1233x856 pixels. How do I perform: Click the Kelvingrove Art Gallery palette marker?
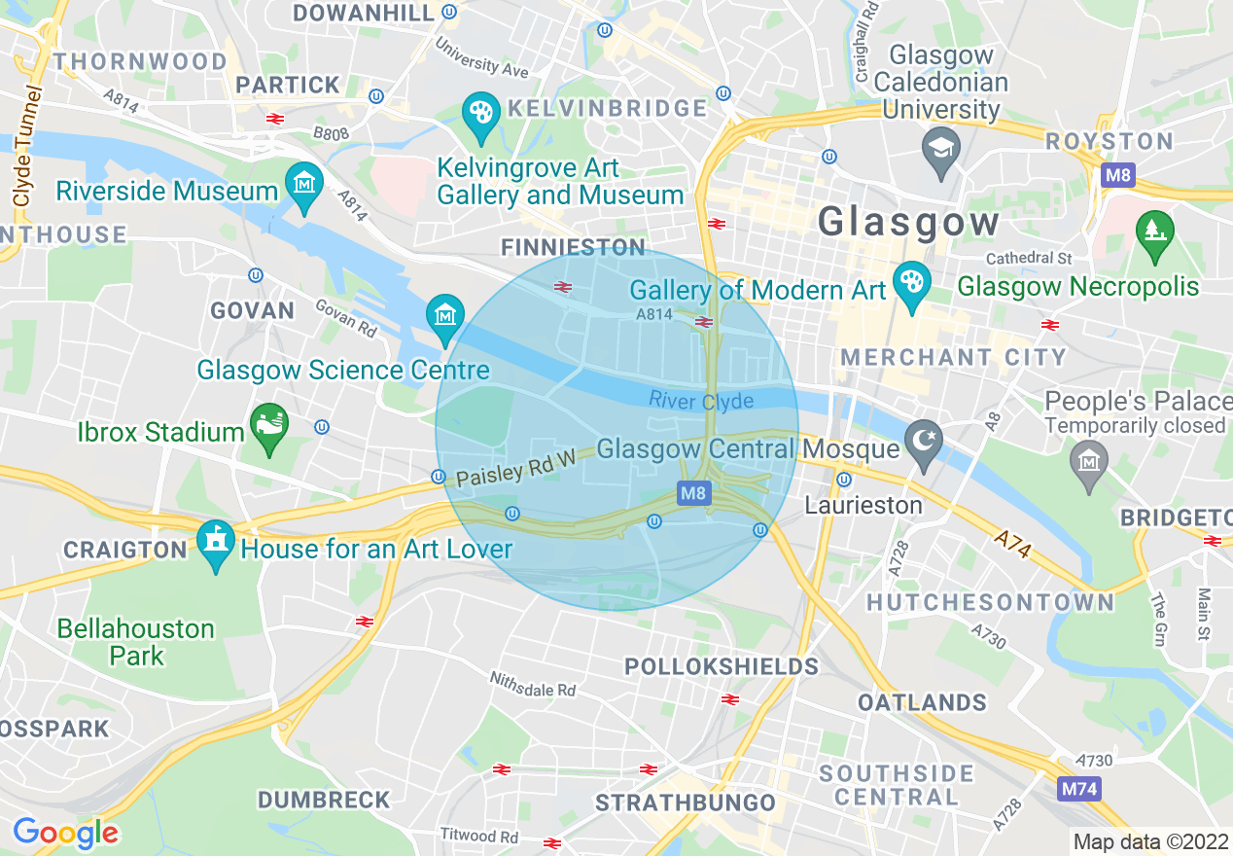point(479,113)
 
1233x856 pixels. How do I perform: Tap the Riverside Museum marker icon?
point(304,182)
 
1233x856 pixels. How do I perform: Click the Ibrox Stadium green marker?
point(269,425)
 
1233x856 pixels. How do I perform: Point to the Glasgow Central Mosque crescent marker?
point(922,440)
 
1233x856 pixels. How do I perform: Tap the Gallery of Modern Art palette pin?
point(911,283)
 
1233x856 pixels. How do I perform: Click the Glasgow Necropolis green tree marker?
point(1154,232)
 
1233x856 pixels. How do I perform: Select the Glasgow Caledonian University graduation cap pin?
point(940,148)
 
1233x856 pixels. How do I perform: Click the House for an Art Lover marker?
point(216,541)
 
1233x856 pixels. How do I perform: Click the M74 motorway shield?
point(1078,788)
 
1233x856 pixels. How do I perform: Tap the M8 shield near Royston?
point(1117,176)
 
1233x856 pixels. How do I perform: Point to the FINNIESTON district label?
point(573,247)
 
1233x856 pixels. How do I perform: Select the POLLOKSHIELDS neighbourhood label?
point(721,666)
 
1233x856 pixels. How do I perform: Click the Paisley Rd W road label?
point(515,472)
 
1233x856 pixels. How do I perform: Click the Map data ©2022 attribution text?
point(1148,841)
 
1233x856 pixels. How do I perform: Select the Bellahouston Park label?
point(135,642)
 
